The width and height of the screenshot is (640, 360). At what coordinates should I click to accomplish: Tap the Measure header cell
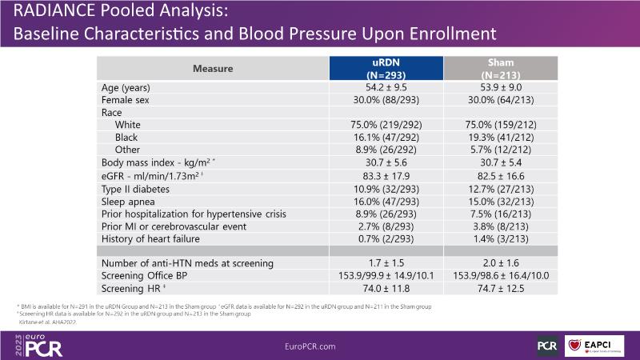[213, 68]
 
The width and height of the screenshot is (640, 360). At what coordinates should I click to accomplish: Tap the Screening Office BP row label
[151, 275]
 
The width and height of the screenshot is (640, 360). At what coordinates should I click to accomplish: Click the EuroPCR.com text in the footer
[319, 345]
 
